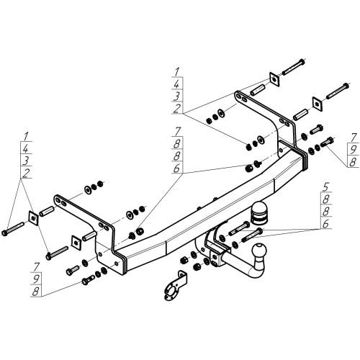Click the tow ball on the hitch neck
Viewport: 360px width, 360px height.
pyautogui.click(x=259, y=251)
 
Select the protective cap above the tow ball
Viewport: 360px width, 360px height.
pyautogui.click(x=258, y=212)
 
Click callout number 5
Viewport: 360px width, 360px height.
pyautogui.click(x=325, y=186)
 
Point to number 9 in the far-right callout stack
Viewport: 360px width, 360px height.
pyautogui.click(x=353, y=150)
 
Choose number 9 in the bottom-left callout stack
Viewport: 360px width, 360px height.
pyautogui.click(x=36, y=279)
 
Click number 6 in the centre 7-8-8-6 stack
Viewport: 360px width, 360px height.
pyautogui.click(x=176, y=168)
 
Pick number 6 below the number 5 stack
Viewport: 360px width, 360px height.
pyautogui.click(x=325, y=224)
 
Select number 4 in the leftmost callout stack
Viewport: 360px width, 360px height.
pyautogui.click(x=25, y=149)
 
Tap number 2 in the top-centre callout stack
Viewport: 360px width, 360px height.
pyautogui.click(x=176, y=108)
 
